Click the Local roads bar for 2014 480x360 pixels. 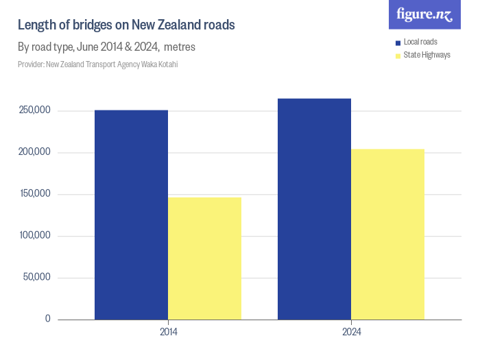coord(131,215)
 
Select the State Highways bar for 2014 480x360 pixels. coord(204,259)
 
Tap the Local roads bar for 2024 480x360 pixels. coord(314,209)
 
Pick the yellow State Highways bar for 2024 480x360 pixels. coord(387,234)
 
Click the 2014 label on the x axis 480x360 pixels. coord(168,331)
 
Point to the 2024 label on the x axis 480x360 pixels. coord(351,331)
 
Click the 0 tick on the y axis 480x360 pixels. coord(47,319)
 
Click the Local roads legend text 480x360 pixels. coord(420,42)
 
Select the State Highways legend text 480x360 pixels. coord(427,55)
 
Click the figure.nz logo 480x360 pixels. coord(424,14)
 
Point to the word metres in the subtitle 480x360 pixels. coord(180,47)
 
